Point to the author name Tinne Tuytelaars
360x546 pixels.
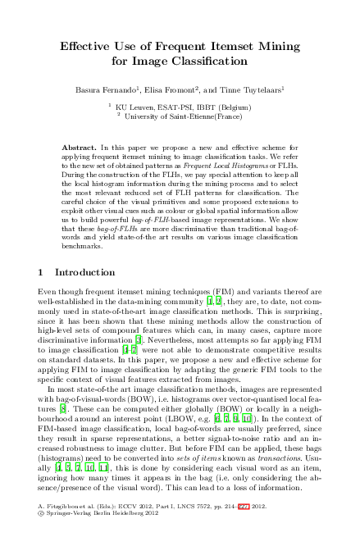(255, 89)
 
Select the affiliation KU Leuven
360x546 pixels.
(134, 107)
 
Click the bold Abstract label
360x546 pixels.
(79, 146)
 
